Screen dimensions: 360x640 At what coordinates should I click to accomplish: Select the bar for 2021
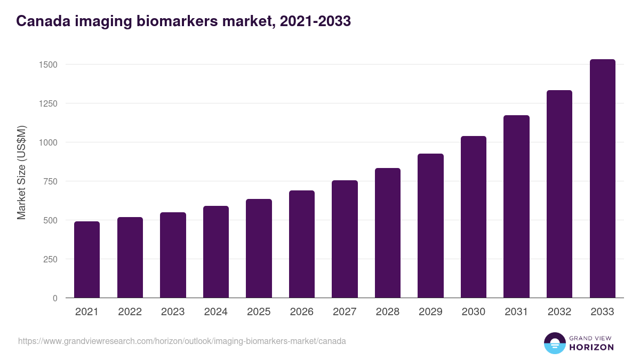pos(87,260)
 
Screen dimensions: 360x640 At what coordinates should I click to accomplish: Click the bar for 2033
pos(603,179)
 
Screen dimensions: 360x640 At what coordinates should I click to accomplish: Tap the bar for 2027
pos(345,239)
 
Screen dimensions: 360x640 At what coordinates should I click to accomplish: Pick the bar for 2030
pos(474,217)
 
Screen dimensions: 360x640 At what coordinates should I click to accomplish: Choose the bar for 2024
pos(216,252)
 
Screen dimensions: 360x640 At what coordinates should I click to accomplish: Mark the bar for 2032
pos(559,194)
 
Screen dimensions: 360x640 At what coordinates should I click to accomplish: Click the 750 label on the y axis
pos(50,181)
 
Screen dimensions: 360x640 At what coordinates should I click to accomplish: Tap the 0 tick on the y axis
pos(54,298)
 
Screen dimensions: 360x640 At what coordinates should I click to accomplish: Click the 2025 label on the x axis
pos(259,312)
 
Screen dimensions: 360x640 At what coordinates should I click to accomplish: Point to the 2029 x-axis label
pos(430,312)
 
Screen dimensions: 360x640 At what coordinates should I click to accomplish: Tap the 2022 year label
pos(130,312)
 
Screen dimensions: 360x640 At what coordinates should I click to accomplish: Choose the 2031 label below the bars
pos(516,312)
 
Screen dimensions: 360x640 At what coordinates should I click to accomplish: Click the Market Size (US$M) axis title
pos(21,172)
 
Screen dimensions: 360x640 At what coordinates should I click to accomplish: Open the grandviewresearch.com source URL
pos(182,341)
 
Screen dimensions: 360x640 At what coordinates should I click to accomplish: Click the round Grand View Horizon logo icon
pos(554,343)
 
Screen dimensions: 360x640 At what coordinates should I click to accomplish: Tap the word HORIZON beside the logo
pos(591,347)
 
